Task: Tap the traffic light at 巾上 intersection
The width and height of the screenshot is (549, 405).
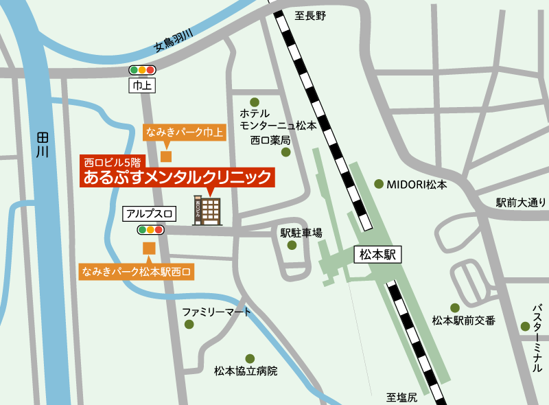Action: point(143,69)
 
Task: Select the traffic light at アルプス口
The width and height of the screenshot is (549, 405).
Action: point(151,230)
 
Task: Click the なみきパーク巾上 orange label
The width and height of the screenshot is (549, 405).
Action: point(185,132)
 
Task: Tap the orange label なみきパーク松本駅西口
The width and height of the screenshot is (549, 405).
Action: point(137,271)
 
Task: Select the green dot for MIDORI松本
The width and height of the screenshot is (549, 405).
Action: point(379,183)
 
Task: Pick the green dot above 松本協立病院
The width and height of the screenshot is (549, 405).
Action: point(250,358)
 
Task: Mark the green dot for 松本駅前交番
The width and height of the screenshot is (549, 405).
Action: point(454,308)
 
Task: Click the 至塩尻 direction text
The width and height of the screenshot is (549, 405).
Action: point(401,397)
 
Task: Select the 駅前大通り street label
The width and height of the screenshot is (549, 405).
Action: point(521,202)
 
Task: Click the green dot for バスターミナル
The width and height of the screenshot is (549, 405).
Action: point(525,327)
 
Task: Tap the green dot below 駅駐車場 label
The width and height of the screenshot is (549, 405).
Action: point(292,245)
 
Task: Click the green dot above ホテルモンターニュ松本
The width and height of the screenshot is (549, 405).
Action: point(255,101)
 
